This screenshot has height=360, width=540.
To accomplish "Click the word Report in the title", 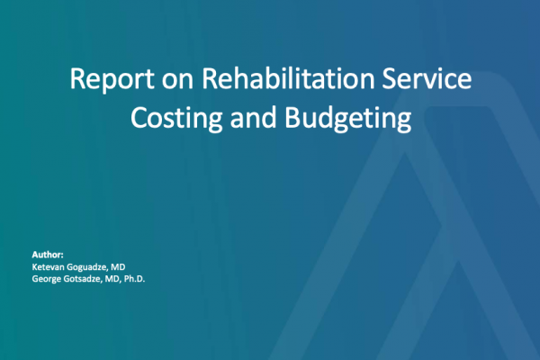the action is point(112,80).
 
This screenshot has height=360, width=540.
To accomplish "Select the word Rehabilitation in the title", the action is point(288,78).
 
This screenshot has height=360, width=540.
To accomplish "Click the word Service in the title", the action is point(427,78).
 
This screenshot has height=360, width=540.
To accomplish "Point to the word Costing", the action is point(176,119).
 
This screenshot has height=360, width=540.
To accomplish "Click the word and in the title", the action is point(253,117).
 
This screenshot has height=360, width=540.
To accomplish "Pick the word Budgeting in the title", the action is point(348,119).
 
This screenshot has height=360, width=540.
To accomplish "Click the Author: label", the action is point(48,255).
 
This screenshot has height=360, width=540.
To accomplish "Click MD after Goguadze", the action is point(118,267).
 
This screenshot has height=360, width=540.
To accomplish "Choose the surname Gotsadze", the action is point(83,279).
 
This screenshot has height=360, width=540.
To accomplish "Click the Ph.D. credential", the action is point(134,279).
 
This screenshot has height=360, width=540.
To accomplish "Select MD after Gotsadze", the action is point(112,279).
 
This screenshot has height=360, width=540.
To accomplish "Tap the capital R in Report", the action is point(76,79).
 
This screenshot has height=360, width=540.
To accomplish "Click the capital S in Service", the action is point(390,78).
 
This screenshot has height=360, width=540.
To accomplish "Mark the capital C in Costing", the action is point(138,117).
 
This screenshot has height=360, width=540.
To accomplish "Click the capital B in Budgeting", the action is point(292,117).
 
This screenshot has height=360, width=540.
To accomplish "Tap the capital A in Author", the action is point(35,255).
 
